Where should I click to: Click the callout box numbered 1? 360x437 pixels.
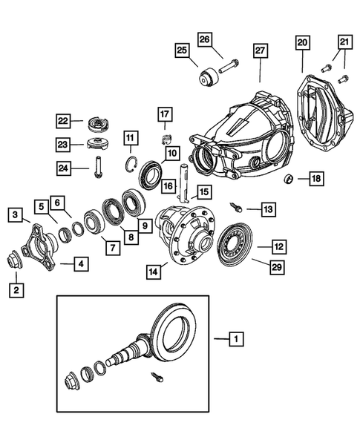click(235, 340)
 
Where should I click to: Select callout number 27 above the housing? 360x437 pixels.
click(260, 50)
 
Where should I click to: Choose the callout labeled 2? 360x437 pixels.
click(16, 290)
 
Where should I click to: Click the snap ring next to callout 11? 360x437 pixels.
click(132, 165)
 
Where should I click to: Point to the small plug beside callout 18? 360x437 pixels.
click(290, 179)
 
